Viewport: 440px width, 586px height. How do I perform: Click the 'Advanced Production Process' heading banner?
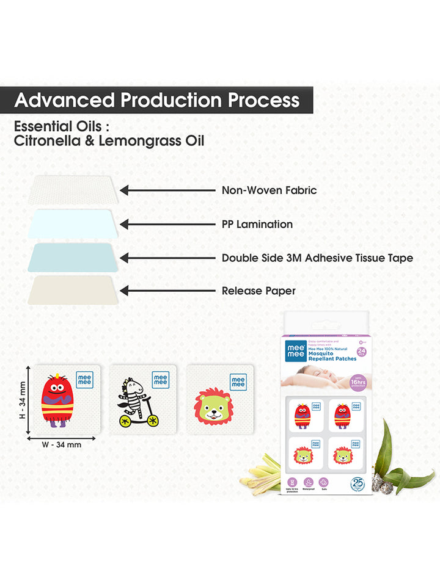pos(156,99)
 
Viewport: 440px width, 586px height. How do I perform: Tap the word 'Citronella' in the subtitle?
pos(44,142)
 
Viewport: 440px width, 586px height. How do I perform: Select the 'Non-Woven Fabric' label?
pos(269,190)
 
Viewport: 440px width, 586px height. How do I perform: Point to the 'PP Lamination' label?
pos(257,224)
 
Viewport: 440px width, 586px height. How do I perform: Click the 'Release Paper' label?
pos(258,291)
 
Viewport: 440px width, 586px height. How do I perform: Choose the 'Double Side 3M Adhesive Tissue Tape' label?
pos(317,258)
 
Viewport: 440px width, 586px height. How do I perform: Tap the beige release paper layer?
pos(71,289)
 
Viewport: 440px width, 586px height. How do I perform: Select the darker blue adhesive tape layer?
pos(71,257)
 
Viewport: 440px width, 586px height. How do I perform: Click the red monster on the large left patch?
pos(57,401)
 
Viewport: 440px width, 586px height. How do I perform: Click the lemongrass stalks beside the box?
pos(261,471)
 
